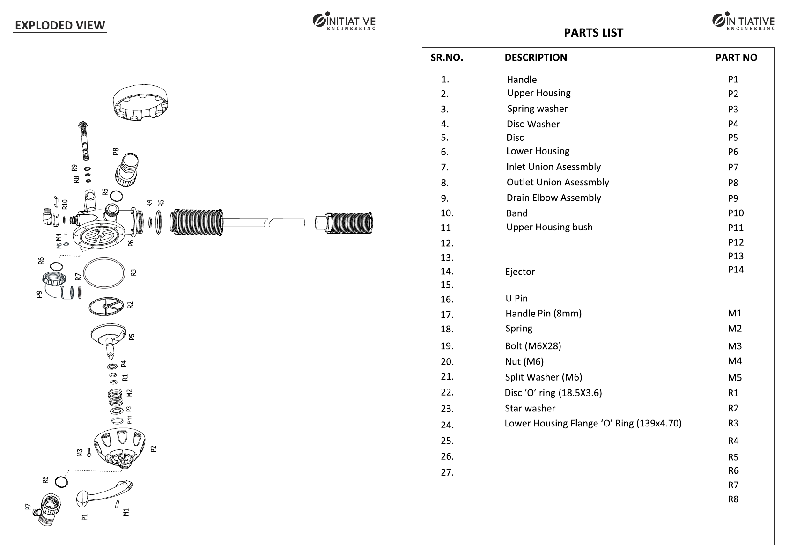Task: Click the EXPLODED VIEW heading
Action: click(x=60, y=25)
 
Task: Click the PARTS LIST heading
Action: click(x=593, y=33)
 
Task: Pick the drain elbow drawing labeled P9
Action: click(x=58, y=285)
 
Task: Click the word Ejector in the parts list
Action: click(x=520, y=272)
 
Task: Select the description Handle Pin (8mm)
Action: click(x=543, y=314)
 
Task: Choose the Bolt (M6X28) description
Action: click(x=533, y=346)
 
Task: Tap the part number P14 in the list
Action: click(x=736, y=270)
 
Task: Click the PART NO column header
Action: click(x=736, y=58)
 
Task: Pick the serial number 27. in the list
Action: click(x=447, y=472)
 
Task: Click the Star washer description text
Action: click(x=530, y=409)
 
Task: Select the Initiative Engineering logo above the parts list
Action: click(x=744, y=22)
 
